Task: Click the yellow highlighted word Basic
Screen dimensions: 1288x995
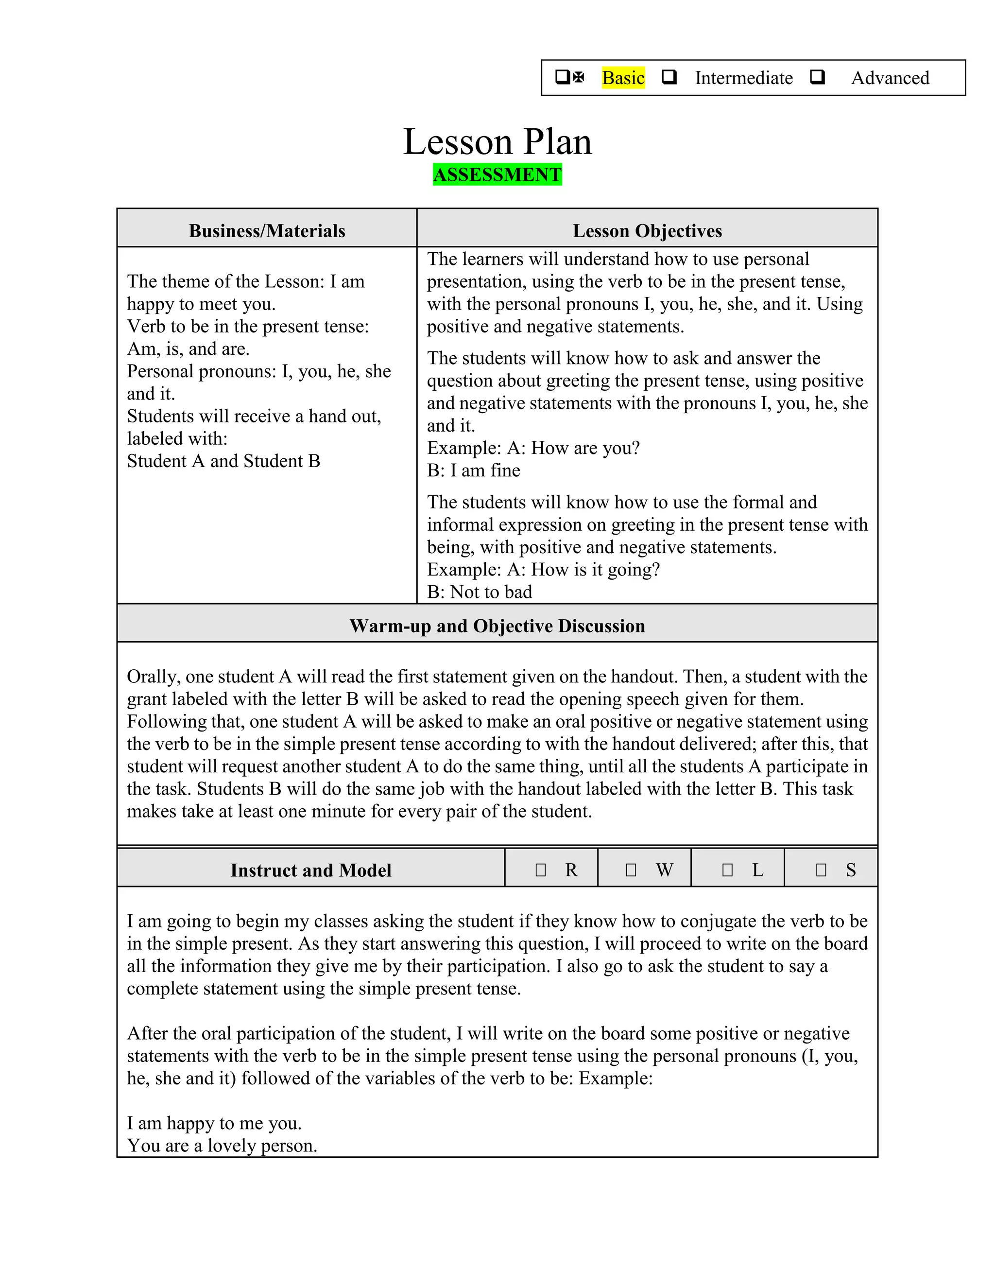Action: (623, 78)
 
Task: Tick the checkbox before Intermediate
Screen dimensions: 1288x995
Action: (669, 77)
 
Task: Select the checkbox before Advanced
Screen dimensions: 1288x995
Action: (817, 77)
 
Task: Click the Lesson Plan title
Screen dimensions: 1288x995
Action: (497, 142)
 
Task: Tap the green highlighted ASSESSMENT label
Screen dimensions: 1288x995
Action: (497, 174)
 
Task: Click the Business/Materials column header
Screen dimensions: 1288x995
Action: (267, 230)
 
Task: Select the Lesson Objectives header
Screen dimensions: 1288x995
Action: (647, 230)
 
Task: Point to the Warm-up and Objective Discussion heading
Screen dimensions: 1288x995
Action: (497, 626)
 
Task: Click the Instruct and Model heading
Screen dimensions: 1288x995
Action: (310, 870)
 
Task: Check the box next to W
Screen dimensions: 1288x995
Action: (631, 870)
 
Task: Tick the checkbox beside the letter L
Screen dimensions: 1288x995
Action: (727, 870)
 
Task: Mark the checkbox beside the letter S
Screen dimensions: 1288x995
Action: (821, 870)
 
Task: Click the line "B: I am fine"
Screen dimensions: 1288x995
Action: (473, 470)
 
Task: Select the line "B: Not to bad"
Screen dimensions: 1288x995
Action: (479, 592)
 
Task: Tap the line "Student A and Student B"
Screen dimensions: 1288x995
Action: (223, 461)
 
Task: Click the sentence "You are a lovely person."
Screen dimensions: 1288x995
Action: (222, 1146)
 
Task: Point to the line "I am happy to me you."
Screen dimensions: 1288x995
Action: (214, 1123)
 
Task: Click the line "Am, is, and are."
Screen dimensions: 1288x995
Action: (188, 349)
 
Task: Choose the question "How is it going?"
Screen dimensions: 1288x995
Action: (595, 570)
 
